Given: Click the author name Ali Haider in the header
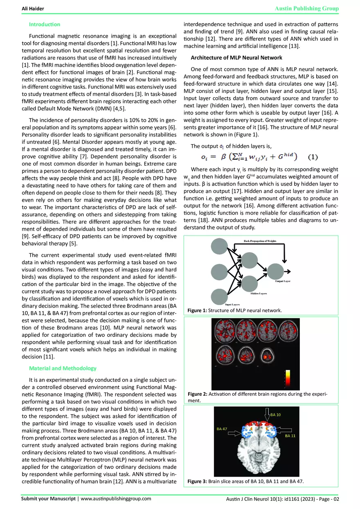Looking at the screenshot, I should [33, 9].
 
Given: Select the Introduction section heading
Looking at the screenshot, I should [45, 25].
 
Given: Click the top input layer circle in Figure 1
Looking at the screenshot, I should [221, 247].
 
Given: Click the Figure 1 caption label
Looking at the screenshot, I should [197, 311].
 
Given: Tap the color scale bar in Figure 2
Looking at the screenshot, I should [287, 379].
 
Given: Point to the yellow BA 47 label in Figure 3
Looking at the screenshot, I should [223, 429].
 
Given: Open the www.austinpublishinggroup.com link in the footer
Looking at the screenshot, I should [116, 499].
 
